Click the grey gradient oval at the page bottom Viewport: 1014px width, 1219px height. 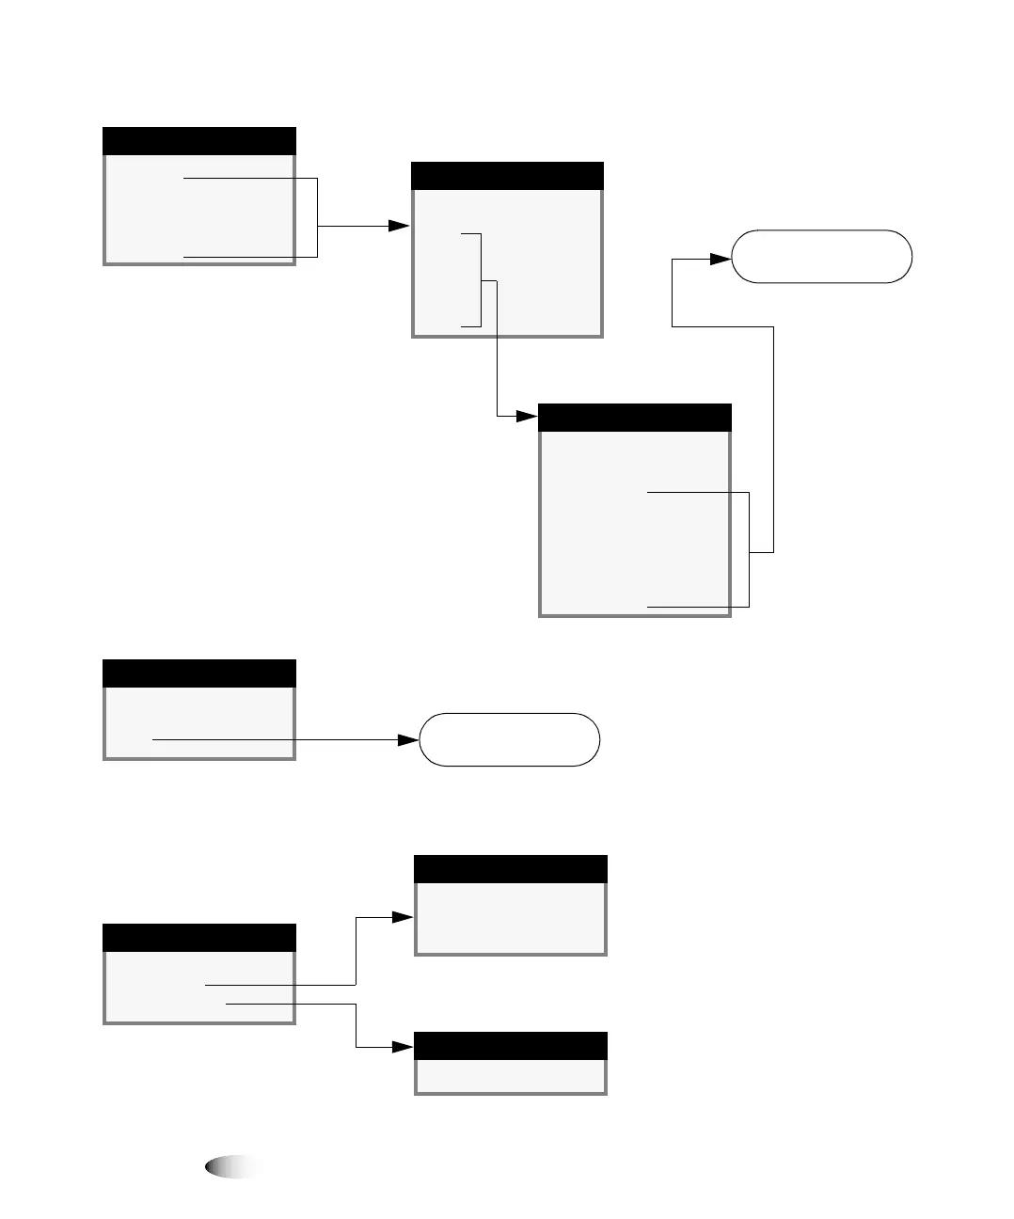pyautogui.click(x=231, y=1167)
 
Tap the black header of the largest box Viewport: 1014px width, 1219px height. pyautogui.click(x=634, y=418)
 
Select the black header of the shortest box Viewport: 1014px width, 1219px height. pyautogui.click(x=511, y=1046)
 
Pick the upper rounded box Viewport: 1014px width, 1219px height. pyautogui.click(x=821, y=256)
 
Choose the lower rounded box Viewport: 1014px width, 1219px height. pyautogui.click(x=509, y=739)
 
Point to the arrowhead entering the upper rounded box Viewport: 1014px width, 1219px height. pyautogui.click(x=720, y=258)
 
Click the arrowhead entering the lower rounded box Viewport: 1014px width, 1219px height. pyautogui.click(x=407, y=740)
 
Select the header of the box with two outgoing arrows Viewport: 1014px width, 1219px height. pyautogui.click(x=198, y=938)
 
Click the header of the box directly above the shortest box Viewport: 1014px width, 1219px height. pyautogui.click(x=511, y=869)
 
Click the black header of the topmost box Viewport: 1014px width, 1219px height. pyautogui.click(x=198, y=141)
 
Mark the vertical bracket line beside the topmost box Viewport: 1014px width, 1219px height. pyautogui.click(x=318, y=216)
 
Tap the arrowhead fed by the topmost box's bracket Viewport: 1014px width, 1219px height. pyautogui.click(x=399, y=226)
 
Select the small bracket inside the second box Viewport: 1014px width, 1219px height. pyautogui.click(x=481, y=279)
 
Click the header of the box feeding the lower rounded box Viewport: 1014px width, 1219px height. pyautogui.click(x=198, y=673)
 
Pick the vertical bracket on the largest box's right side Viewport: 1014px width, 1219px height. pyautogui.click(x=749, y=549)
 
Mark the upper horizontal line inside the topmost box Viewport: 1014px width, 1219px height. pyautogui.click(x=250, y=178)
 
